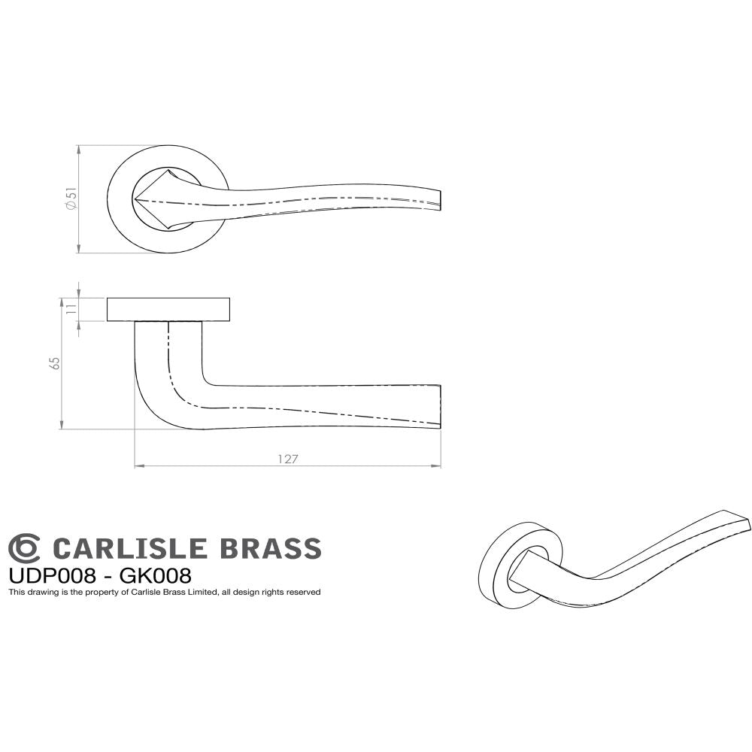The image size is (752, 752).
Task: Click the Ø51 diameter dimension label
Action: point(71,199)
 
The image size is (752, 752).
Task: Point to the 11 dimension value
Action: point(71,309)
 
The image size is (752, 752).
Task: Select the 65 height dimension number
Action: point(54,363)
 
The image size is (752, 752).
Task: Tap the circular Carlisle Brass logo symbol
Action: point(23,548)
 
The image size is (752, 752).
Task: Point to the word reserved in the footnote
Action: point(304,593)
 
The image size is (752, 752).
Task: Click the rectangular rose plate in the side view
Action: point(168,309)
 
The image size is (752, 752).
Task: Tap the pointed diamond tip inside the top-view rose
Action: point(138,199)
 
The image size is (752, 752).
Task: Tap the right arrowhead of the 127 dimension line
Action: point(438,467)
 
